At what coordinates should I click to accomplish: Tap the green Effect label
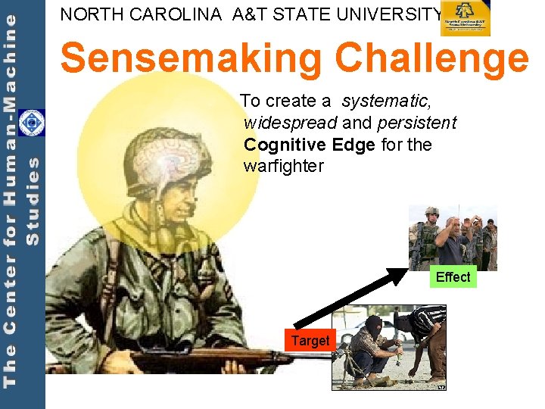(x=453, y=277)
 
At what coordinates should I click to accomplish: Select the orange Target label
(x=310, y=341)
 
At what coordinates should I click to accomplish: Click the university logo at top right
(x=466, y=18)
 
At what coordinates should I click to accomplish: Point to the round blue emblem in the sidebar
(x=32, y=123)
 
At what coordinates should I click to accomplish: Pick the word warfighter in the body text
(x=283, y=166)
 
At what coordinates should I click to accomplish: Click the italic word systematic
(x=386, y=101)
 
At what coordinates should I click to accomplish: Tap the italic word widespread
(x=291, y=123)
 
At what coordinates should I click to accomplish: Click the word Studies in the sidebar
(x=33, y=201)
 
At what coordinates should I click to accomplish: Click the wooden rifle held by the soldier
(x=189, y=357)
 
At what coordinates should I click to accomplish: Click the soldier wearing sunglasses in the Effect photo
(x=431, y=235)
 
